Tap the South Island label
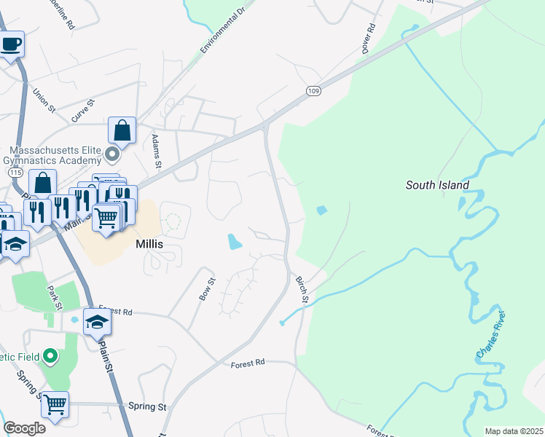click(437, 186)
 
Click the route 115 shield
click(16, 172)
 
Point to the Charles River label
click(490, 335)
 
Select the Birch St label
click(302, 289)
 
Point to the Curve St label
click(83, 110)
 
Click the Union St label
click(44, 101)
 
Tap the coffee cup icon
click(11, 44)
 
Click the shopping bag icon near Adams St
click(122, 131)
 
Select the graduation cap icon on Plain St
click(97, 321)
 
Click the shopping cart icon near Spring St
click(55, 404)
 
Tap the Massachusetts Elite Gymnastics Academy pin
click(111, 154)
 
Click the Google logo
click(25, 428)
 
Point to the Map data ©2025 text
click(514, 431)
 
